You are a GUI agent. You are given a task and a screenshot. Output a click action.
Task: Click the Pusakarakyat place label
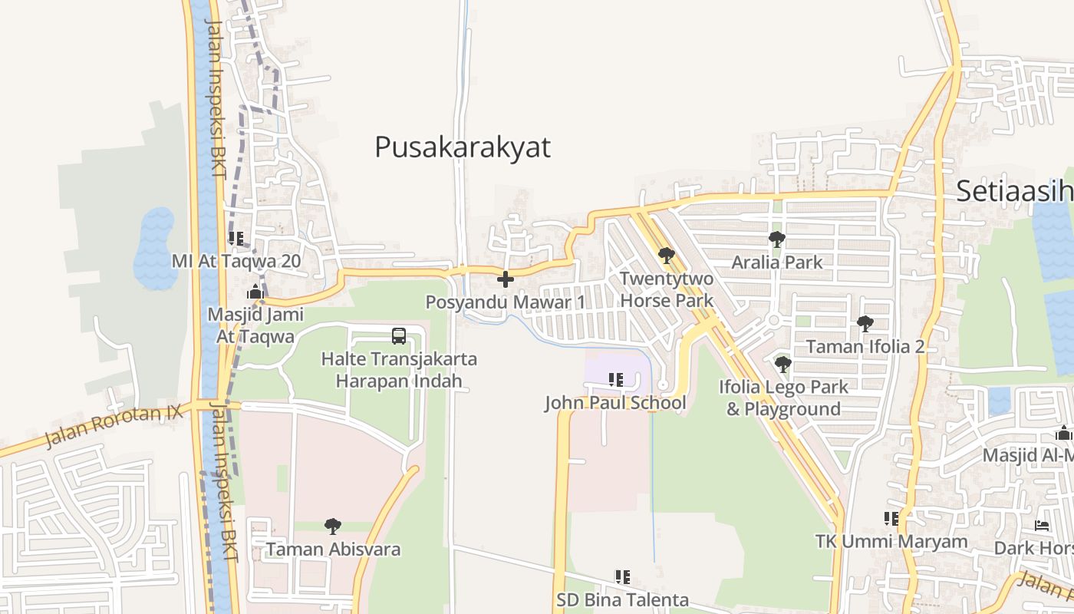point(463,147)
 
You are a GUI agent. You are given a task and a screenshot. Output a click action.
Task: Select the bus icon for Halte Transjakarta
point(399,335)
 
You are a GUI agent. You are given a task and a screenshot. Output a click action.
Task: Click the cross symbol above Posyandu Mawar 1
point(505,279)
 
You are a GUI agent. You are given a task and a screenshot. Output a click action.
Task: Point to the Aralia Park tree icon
point(776,239)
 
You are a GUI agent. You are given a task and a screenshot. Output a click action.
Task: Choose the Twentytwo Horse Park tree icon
point(666,255)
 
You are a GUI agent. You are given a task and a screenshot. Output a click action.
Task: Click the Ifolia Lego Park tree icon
point(782,364)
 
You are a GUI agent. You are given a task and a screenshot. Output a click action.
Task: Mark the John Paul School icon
point(615,379)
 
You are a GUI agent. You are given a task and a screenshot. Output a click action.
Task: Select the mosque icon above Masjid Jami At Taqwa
point(255,292)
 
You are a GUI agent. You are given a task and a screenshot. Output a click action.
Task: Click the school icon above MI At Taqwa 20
point(236,239)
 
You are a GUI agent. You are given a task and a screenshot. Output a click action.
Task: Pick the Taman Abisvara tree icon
point(332,527)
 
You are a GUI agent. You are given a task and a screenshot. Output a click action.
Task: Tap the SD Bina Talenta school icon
point(622,576)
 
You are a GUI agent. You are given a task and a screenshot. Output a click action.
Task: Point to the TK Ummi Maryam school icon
point(891,519)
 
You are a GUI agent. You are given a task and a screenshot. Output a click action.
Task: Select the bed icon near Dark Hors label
point(1041,526)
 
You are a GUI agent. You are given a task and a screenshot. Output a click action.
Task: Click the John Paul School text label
point(615,403)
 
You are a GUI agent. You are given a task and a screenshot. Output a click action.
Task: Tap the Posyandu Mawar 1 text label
point(505,302)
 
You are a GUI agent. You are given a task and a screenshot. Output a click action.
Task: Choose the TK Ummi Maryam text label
point(891,542)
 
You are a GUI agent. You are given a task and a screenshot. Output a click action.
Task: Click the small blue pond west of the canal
point(154,247)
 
